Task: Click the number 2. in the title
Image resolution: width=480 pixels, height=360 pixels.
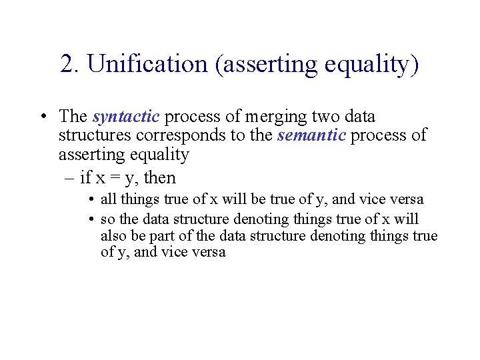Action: (x=69, y=64)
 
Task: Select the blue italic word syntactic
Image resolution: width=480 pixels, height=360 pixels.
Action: (x=126, y=117)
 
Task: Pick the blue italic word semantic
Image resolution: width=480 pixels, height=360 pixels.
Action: (x=312, y=136)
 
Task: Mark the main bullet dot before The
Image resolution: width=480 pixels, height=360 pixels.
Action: (x=42, y=117)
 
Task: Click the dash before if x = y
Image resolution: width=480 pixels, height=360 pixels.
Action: (x=71, y=179)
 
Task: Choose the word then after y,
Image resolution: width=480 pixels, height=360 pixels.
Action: (x=160, y=178)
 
